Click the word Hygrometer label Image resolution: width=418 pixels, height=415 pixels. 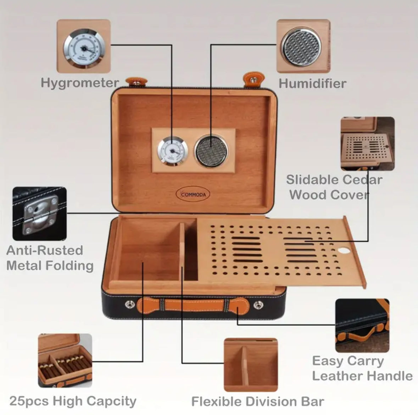(80, 83)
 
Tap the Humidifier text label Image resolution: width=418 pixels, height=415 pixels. (312, 83)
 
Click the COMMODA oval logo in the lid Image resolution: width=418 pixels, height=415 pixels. (193, 194)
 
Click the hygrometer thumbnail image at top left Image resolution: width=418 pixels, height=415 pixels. (84, 46)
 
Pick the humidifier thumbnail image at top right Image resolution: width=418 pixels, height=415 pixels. (303, 46)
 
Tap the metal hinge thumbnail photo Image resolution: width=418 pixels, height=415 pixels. (39, 214)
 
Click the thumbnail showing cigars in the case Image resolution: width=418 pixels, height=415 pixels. (65, 360)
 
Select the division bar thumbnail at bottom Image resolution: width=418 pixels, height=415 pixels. (251, 365)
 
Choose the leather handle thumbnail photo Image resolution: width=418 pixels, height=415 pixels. (362, 325)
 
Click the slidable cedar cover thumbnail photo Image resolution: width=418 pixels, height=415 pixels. (367, 144)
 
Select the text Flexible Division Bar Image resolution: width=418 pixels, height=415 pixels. (257, 402)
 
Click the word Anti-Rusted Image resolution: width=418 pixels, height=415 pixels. (45, 250)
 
